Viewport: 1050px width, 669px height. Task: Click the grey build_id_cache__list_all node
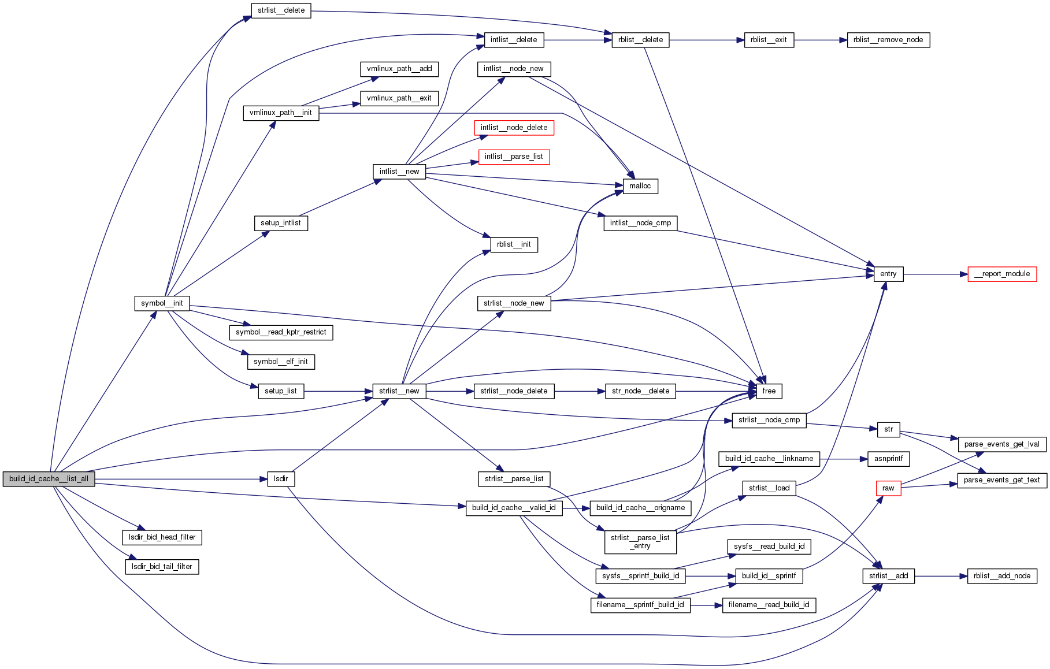[49, 479]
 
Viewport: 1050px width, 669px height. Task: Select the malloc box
[640, 186]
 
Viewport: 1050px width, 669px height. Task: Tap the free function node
[769, 391]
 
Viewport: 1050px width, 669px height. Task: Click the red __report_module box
[1001, 274]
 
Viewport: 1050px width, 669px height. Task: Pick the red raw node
[888, 488]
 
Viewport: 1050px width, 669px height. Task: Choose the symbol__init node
[162, 303]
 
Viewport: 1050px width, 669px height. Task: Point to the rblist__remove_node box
[888, 40]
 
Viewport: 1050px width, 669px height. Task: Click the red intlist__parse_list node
[514, 157]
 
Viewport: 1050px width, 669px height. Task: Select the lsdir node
[281, 479]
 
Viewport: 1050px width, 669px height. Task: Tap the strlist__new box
[399, 391]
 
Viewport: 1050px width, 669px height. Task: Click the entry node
[888, 274]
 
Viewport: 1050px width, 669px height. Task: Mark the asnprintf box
[888, 459]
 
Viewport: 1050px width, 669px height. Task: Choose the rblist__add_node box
[1001, 576]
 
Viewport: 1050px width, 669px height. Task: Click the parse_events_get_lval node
[1001, 444]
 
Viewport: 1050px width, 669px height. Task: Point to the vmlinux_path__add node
[399, 69]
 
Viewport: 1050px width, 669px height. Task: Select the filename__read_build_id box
[768, 605]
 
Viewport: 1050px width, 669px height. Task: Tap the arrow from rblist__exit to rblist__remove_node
[820, 40]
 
